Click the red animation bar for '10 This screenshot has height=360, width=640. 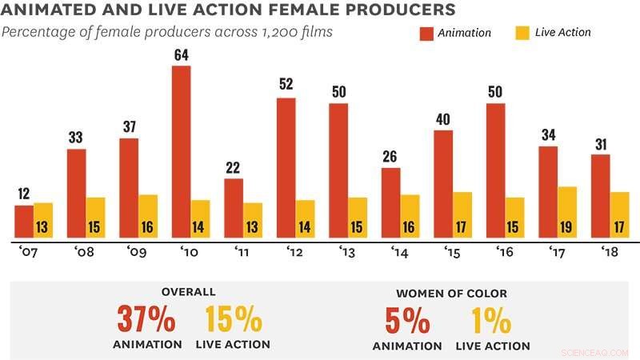click(x=182, y=151)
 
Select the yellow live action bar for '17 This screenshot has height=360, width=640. click(x=568, y=212)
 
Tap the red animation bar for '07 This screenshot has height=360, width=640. click(x=24, y=221)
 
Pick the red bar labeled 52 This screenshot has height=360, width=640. click(x=286, y=167)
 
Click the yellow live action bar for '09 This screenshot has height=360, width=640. click(x=148, y=216)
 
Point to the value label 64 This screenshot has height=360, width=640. click(x=182, y=55)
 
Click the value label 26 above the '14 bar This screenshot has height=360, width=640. click(x=390, y=158)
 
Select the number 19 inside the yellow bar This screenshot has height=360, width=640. click(x=568, y=227)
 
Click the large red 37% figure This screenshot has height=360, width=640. click(x=146, y=320)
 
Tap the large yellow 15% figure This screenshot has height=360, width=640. click(x=233, y=320)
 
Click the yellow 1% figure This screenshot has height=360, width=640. click(x=492, y=320)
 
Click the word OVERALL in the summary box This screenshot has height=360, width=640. click(x=189, y=292)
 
